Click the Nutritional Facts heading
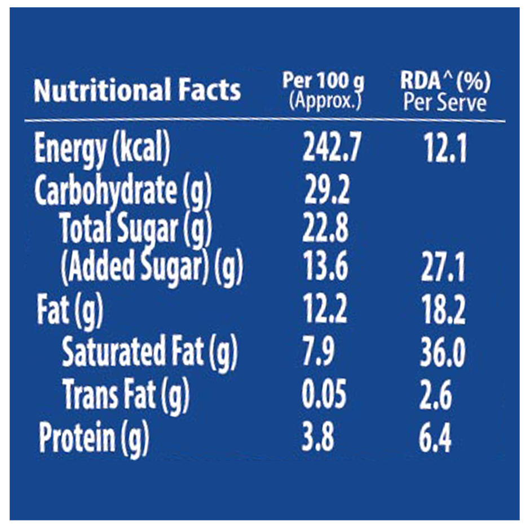pos(137,90)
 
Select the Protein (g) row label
pos(94,439)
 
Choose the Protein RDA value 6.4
pos(435,439)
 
